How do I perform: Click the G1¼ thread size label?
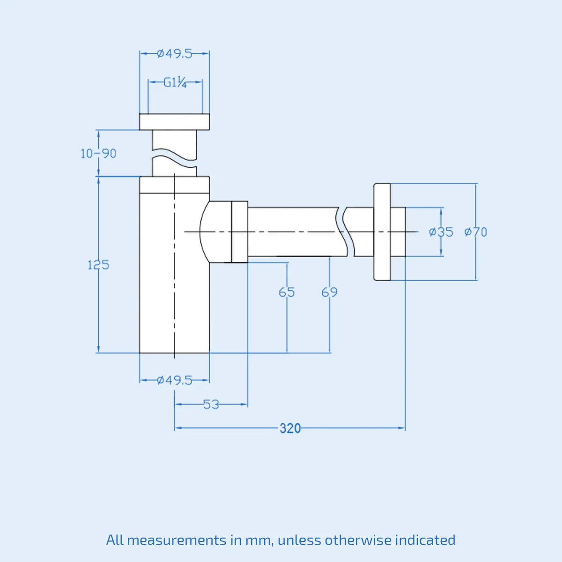tap(175, 83)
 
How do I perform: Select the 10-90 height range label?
tap(98, 154)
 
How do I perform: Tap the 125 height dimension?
tap(98, 265)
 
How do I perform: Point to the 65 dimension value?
tap(287, 292)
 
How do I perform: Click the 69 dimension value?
tap(330, 292)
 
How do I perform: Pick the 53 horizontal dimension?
tap(211, 405)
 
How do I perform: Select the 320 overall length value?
tap(290, 429)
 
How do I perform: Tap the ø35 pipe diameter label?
tap(441, 232)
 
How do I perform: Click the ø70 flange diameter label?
tap(476, 232)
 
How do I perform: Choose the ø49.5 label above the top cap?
tap(174, 54)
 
